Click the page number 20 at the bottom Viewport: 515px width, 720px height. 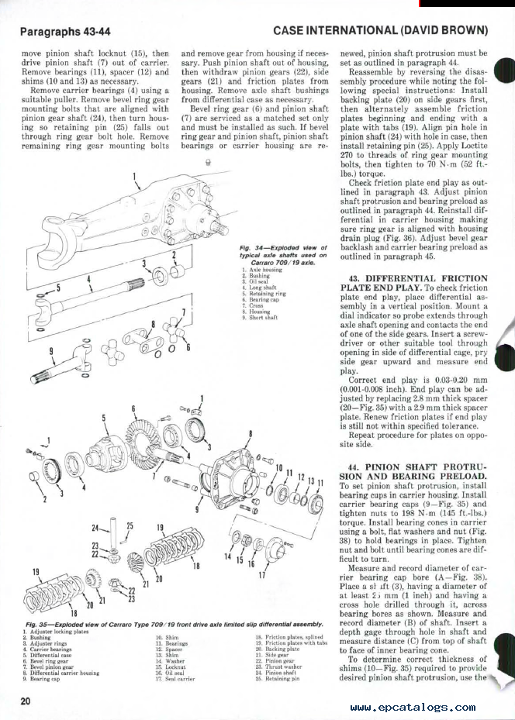(27, 702)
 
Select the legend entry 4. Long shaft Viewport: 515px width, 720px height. (261, 287)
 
